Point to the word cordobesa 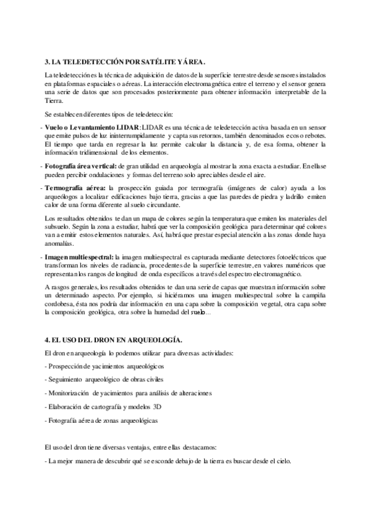62,305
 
